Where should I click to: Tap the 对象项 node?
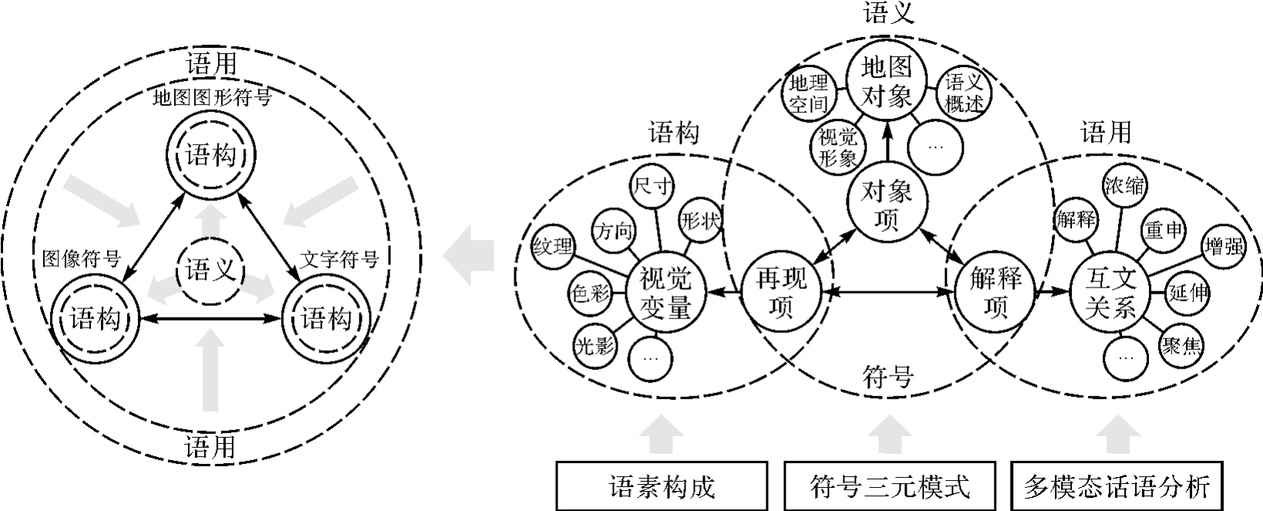(x=886, y=204)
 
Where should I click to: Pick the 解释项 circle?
(x=994, y=293)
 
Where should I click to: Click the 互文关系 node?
(x=1110, y=294)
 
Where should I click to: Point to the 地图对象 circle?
(x=886, y=81)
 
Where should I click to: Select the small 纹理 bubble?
(x=552, y=247)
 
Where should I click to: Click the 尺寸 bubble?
(x=652, y=187)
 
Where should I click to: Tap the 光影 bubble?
(x=594, y=345)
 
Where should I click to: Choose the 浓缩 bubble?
(x=1124, y=186)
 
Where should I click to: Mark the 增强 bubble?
(x=1223, y=247)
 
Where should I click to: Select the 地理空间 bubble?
(x=808, y=93)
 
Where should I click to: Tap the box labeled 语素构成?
(x=662, y=486)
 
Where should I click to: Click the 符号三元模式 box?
(x=890, y=486)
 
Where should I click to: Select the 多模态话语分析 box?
(x=1117, y=486)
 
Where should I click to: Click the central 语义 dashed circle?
(x=209, y=271)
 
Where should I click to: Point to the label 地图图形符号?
(x=212, y=98)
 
